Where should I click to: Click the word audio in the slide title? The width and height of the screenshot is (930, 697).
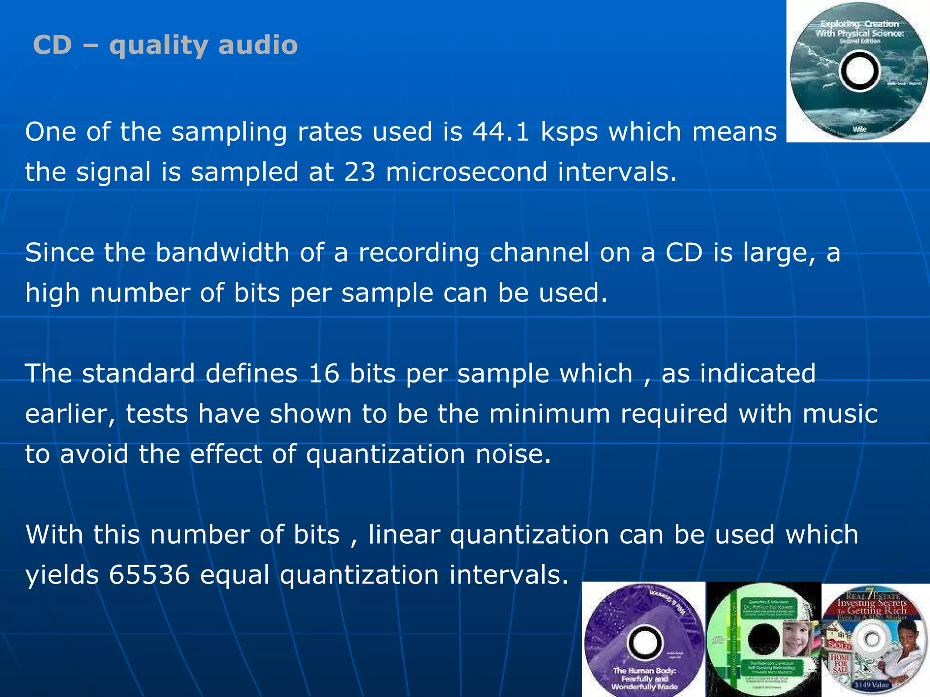[x=258, y=45]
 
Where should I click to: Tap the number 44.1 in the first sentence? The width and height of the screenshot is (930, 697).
[x=500, y=132]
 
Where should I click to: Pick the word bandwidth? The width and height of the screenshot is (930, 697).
[x=223, y=253]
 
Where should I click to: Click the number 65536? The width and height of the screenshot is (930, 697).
[x=149, y=575]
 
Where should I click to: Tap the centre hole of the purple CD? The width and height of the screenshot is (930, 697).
[x=644, y=642]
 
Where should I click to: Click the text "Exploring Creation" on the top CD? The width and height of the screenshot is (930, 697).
[x=859, y=24]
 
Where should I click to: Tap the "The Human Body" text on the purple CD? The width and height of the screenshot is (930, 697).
[x=644, y=671]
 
